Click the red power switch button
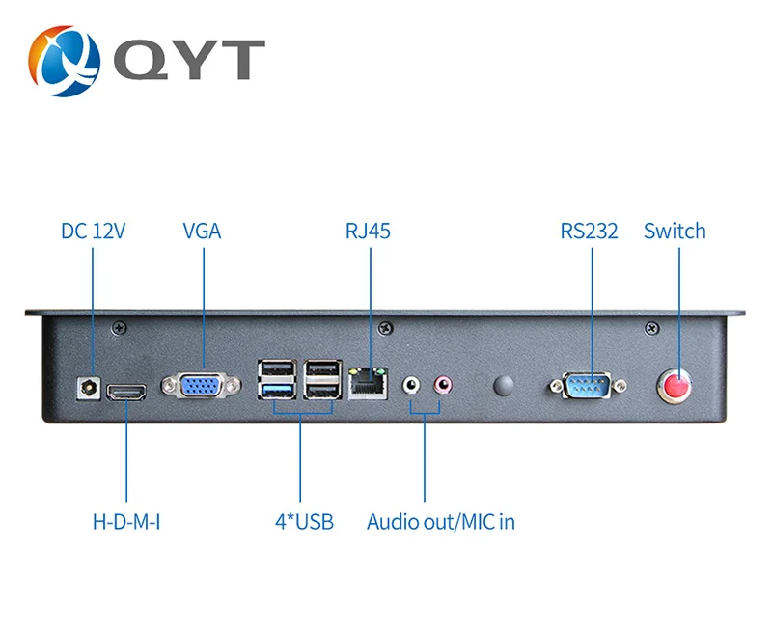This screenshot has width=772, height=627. click(675, 386)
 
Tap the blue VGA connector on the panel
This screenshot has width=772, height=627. click(202, 385)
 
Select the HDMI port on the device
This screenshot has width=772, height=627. click(126, 393)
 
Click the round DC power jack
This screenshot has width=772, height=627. click(89, 389)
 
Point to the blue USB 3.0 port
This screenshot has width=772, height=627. click(277, 391)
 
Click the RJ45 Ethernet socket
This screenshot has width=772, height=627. click(368, 384)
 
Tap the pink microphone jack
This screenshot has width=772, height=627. click(443, 384)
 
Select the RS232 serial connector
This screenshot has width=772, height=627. click(588, 386)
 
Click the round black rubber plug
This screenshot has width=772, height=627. click(503, 385)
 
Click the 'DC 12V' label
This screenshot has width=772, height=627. click(93, 231)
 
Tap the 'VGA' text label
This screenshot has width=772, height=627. click(202, 231)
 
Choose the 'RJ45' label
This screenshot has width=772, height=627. click(368, 231)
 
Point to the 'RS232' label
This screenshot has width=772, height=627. click(589, 231)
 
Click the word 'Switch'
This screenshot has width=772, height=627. click(675, 231)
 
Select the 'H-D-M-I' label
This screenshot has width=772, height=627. click(126, 522)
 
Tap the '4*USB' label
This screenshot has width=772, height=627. click(304, 522)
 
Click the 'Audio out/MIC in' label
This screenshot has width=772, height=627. click(441, 522)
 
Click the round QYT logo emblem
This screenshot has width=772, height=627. click(64, 61)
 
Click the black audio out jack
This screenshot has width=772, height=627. click(411, 384)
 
